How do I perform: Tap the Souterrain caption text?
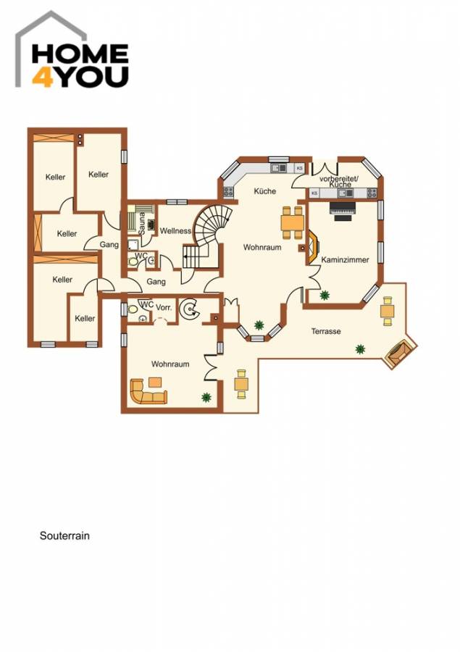click(x=64, y=537)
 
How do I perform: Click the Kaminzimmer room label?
click(x=345, y=259)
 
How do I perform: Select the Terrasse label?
click(x=326, y=331)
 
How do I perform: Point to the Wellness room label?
click(x=175, y=231)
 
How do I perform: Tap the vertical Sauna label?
click(x=143, y=218)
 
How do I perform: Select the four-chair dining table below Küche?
click(x=293, y=222)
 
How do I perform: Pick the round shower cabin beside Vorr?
click(x=191, y=309)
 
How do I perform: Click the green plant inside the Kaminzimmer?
click(x=324, y=295)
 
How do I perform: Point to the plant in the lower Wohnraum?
click(x=207, y=397)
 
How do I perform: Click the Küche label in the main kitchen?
click(x=264, y=191)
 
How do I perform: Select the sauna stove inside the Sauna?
click(x=150, y=225)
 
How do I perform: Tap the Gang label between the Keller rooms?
click(x=109, y=245)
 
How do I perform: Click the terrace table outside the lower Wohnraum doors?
click(x=241, y=383)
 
